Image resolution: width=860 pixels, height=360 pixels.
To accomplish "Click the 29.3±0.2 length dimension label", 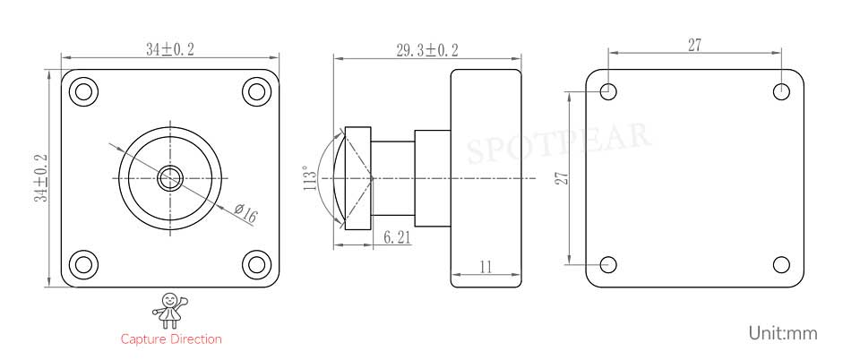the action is pos(427,50).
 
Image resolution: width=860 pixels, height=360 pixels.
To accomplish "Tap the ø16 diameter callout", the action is pos(245,212).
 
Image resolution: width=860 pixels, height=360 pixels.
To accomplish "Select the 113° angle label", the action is pos(309,178).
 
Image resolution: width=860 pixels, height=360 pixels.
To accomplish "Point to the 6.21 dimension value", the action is pos(397,237).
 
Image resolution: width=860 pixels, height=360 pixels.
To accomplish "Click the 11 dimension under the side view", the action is pos(486,267).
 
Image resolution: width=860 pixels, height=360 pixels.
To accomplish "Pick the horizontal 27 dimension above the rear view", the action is pos(694,46).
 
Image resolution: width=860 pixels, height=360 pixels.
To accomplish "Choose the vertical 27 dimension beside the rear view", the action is pos(562,178).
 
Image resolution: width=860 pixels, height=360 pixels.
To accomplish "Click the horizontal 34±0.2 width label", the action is pos(170,50).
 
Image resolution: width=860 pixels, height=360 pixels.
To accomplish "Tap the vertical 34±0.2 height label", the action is pos(42,178).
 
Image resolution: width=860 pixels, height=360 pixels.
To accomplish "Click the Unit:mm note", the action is pos(783,332).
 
